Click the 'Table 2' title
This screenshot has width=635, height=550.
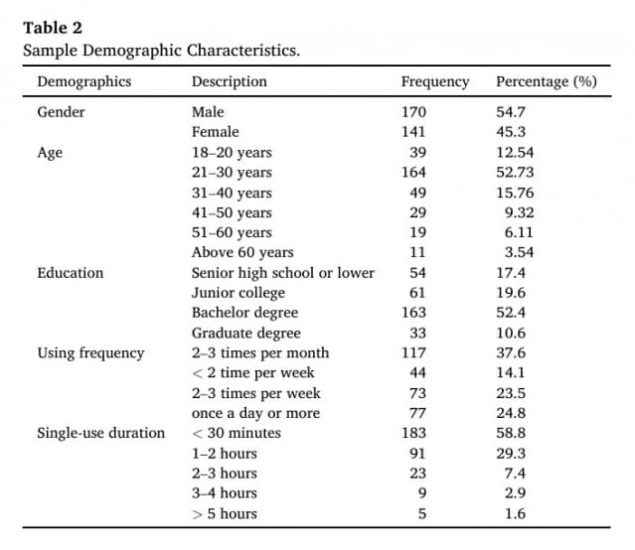[x=53, y=28]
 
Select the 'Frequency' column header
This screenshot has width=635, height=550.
[x=435, y=81]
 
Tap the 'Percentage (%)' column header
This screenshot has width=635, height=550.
[x=547, y=81]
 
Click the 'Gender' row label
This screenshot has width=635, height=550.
[x=62, y=112]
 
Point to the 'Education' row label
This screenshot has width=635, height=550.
[x=71, y=273]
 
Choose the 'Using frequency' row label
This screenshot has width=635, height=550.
[x=90, y=353]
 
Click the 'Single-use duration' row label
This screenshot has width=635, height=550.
[x=100, y=433]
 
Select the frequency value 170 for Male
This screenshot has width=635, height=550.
[x=413, y=112]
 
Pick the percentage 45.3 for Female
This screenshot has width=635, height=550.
[x=511, y=132]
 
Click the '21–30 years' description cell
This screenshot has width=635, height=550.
[x=232, y=173]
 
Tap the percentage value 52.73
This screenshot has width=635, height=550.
[x=515, y=173]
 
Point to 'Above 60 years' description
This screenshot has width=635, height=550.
[x=242, y=252]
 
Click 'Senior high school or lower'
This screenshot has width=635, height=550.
[x=282, y=273]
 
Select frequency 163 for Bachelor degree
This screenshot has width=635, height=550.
[x=413, y=313]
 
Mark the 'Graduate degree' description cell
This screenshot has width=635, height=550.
[x=246, y=334]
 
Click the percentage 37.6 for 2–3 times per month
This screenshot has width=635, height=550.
[x=511, y=352]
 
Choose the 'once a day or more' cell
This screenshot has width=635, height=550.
[x=256, y=414]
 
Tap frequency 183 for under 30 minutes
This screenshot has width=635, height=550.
[x=413, y=433]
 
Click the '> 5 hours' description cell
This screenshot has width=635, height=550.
[x=225, y=514]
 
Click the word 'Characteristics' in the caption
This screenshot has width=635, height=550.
[x=243, y=51]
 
